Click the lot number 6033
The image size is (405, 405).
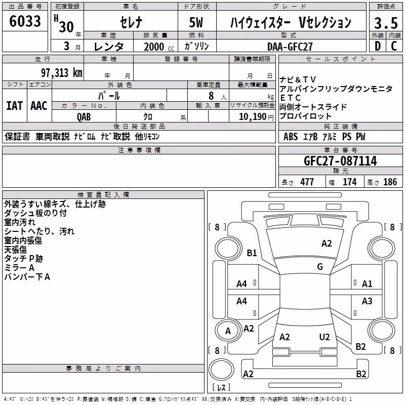coord(25,21)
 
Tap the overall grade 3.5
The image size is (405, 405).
coord(386,23)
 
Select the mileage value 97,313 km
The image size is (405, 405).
coord(62,73)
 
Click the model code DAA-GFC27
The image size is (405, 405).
coord(290,47)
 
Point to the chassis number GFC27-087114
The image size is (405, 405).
coord(340,161)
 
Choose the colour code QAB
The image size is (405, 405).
coord(84,117)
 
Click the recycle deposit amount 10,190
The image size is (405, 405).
coord(252,117)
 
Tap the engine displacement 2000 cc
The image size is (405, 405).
coord(159,47)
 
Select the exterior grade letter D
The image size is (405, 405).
coord(378,46)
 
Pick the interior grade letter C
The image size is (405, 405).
coord(394,46)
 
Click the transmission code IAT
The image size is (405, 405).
coord(15,106)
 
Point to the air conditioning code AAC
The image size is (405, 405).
coord(39,106)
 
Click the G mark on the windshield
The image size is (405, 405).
coord(320,267)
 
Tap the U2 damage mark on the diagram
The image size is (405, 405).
coord(325,337)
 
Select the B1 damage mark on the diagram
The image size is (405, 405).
coord(252,253)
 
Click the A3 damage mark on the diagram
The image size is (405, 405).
coord(367,301)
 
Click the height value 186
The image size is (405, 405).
coord(390,182)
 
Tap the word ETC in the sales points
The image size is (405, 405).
coord(290,98)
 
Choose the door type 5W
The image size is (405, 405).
coord(196,22)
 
